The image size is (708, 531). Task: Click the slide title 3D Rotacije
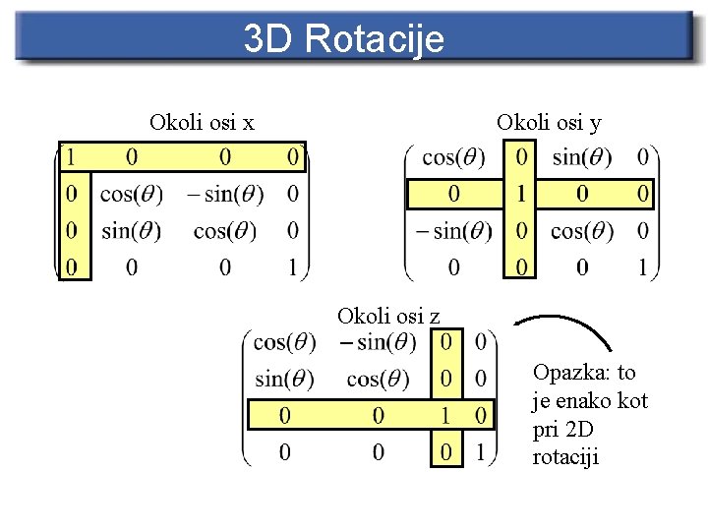pos(343,39)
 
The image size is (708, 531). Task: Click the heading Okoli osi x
pos(202,123)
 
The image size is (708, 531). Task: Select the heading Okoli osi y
pos(549,123)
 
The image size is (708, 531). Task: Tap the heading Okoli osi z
pos(388,316)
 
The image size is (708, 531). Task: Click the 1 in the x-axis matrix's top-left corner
pos(69,157)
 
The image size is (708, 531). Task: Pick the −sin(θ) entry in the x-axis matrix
pos(225,195)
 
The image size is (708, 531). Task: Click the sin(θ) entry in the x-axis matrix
pos(131,231)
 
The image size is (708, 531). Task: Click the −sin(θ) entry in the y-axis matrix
pos(453,231)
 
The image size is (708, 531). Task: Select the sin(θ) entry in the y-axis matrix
pos(581,157)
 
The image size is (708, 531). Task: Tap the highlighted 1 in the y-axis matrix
pos(520,195)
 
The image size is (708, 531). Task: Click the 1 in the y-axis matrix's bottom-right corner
pos(643,266)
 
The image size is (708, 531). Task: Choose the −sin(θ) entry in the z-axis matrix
pos(377,343)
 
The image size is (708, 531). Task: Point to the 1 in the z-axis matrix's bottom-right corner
pos(480,452)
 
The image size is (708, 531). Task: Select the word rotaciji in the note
pos(565,457)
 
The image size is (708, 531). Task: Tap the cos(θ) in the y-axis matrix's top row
pos(453,157)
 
